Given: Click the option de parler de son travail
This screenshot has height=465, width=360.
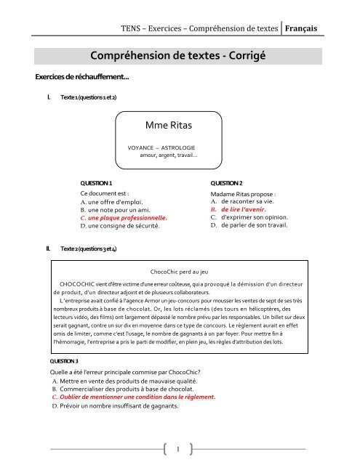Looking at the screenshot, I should pyautogui.click(x=259, y=225).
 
